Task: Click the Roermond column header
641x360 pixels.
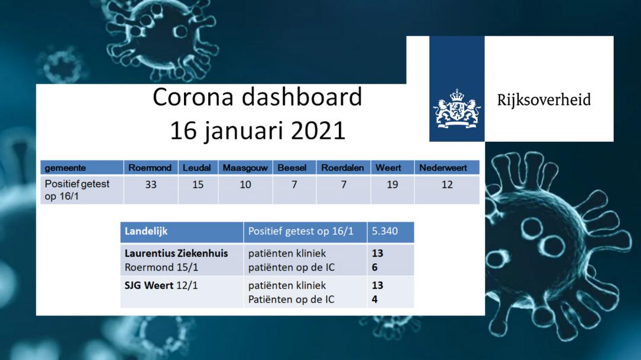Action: [150, 168]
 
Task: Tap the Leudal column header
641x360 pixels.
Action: [196, 168]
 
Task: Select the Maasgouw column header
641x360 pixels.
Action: [245, 168]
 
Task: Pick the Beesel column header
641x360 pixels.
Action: [292, 168]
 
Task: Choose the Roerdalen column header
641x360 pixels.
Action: [342, 168]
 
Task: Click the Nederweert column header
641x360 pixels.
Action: [443, 168]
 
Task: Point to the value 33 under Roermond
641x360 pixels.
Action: [151, 184]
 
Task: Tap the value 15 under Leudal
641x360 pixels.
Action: [198, 184]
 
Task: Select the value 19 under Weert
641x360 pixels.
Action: [392, 184]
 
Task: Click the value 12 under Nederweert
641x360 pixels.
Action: [448, 184]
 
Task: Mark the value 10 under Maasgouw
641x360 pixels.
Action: [245, 184]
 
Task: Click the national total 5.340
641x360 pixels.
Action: [385, 231]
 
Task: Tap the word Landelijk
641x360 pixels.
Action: [146, 231]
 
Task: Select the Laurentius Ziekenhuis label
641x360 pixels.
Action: [176, 253]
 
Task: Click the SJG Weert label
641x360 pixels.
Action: [149, 285]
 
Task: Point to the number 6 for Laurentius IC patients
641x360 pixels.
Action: [375, 267]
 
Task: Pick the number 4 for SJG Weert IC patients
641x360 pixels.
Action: [375, 300]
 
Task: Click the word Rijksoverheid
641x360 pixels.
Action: [544, 100]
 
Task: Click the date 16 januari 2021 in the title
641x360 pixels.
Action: [258, 130]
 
